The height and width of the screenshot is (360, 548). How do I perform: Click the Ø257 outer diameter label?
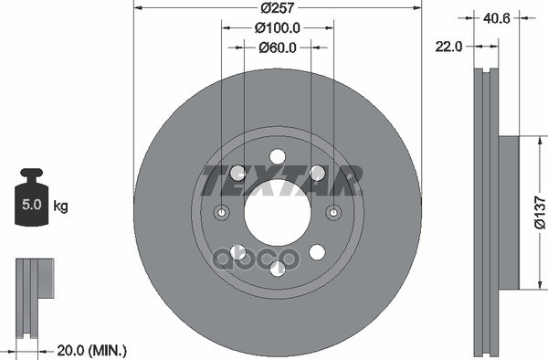pos(277,8)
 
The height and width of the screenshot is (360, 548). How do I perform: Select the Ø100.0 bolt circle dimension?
pos(277,29)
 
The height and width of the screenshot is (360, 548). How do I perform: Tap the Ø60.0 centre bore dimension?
pos(277,48)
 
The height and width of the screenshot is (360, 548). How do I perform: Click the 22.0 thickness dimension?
pos(448,43)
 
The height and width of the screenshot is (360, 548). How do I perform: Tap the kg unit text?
pos(61,206)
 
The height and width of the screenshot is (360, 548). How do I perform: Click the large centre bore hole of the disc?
pos(277,214)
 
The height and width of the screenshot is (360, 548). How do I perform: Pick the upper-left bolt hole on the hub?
pos(238,172)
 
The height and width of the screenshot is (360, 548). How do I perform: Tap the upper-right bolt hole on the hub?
pos(317,172)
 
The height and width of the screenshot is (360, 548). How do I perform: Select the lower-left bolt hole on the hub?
pos(238,251)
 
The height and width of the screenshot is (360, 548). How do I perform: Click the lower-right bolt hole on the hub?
pos(317,251)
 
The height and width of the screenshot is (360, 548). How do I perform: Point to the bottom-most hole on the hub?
pos(278,268)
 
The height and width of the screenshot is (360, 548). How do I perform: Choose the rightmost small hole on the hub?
pos(333,214)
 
